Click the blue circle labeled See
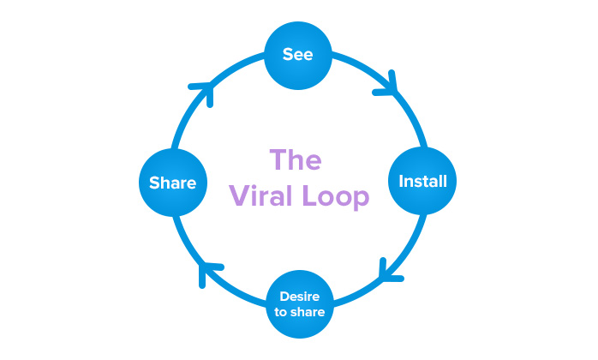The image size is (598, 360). pyautogui.click(x=299, y=55)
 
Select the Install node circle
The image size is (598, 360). pyautogui.click(x=422, y=182)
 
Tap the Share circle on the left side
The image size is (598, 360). pyautogui.click(x=172, y=182)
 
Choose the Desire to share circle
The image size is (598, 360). pyautogui.click(x=299, y=304)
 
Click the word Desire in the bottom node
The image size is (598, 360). pyautogui.click(x=299, y=297)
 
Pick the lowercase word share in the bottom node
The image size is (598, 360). pyautogui.click(x=308, y=312)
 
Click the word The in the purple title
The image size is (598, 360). pyautogui.click(x=296, y=161)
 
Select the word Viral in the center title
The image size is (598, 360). pyautogui.click(x=258, y=196)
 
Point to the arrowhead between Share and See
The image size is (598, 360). pyautogui.click(x=202, y=90)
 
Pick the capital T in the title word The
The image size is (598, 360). pyautogui.click(x=278, y=161)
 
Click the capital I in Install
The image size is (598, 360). pyautogui.click(x=401, y=182)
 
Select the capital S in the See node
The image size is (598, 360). pyautogui.click(x=289, y=55)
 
